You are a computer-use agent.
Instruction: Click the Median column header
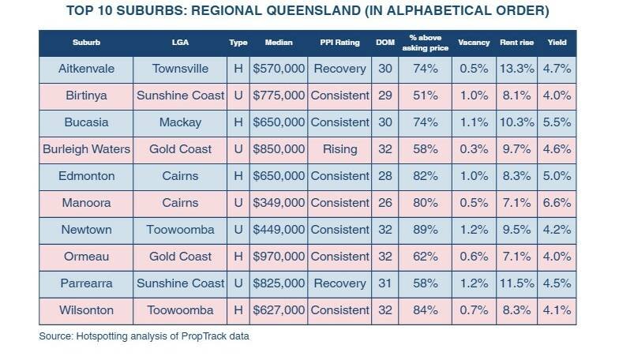279,42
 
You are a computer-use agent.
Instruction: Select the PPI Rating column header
340,42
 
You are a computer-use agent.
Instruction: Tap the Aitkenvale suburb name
86,69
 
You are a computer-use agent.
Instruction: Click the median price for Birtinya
279,96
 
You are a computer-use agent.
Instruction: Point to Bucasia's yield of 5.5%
557,122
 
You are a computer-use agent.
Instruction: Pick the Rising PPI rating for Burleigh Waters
340,149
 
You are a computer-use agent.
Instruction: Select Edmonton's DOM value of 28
385,176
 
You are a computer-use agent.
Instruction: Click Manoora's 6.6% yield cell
557,203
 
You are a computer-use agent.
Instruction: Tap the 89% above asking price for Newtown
426,230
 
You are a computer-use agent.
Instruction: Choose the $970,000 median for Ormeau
279,257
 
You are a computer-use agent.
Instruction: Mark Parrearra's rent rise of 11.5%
517,283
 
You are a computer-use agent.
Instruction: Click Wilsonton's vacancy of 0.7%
474,310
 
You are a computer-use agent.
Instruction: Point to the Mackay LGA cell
180,122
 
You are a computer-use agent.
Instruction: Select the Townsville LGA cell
180,69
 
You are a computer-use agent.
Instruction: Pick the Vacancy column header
474,42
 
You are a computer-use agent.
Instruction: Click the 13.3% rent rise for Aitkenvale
517,69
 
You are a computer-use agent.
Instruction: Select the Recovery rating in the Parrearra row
340,283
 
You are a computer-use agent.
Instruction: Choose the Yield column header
557,42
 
